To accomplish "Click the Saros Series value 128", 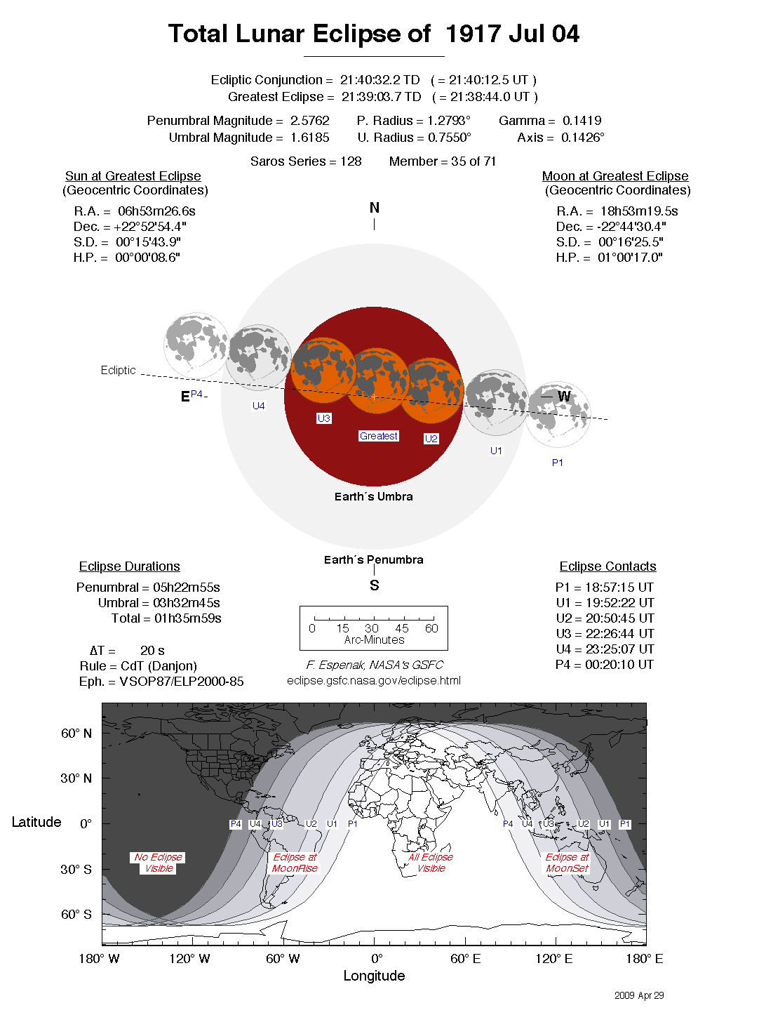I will click(x=351, y=161).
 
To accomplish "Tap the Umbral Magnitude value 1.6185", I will click(x=309, y=138).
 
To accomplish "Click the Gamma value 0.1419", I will click(x=582, y=121).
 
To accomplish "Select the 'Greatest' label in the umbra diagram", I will click(x=378, y=436).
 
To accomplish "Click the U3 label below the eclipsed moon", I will click(x=323, y=418).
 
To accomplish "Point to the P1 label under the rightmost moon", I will click(x=557, y=463).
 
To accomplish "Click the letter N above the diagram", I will click(x=374, y=208).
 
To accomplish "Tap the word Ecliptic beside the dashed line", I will click(x=118, y=370).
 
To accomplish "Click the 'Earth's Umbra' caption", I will click(x=373, y=496).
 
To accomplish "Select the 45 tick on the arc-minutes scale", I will click(x=401, y=628).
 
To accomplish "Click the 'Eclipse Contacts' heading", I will click(x=607, y=566).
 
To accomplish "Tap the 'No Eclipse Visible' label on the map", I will click(x=159, y=863).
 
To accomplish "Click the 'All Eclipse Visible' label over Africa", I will click(x=431, y=863).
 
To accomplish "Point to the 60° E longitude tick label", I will click(x=465, y=959).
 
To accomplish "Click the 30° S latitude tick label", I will click(x=76, y=869).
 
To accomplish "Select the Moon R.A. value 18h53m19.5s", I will click(x=638, y=211).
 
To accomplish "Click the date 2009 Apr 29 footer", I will click(x=638, y=995).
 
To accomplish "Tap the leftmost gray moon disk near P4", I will click(x=196, y=345).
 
